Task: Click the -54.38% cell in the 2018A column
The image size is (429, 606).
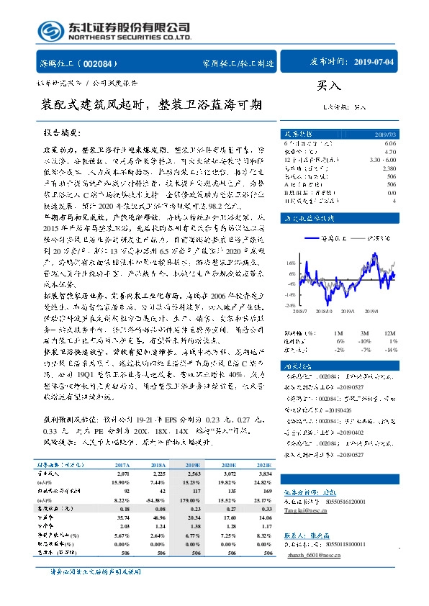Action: (156, 480)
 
